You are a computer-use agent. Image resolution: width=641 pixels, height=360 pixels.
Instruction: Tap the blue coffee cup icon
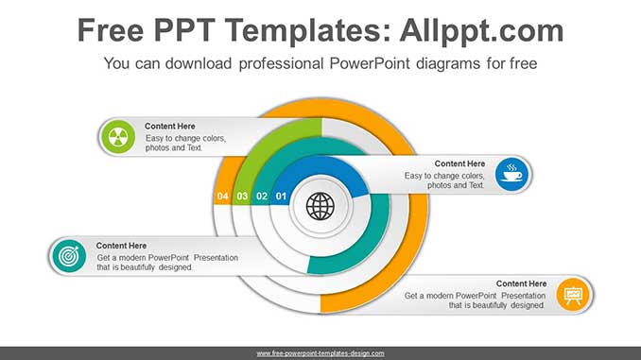click(x=511, y=174)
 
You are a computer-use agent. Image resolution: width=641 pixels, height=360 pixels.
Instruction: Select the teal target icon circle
click(x=68, y=257)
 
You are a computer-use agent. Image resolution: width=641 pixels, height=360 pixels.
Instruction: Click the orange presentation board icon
click(x=573, y=295)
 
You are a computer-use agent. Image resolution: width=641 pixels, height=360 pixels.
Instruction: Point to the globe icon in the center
click(x=320, y=204)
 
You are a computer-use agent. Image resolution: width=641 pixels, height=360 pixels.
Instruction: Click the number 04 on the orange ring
click(x=223, y=197)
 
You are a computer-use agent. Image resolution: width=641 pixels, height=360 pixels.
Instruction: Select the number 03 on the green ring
click(x=242, y=197)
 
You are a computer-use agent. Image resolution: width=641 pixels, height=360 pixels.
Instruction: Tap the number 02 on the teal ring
click(x=262, y=197)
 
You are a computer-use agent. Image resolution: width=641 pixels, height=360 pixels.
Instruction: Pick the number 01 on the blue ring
click(x=281, y=197)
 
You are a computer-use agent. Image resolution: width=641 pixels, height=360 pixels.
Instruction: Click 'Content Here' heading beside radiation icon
click(x=170, y=127)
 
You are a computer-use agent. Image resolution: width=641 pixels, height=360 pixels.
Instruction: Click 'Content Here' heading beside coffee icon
click(x=459, y=163)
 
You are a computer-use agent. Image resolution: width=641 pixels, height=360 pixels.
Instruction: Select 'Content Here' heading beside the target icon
click(x=122, y=246)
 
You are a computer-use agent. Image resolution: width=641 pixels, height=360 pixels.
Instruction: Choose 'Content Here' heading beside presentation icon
click(x=521, y=283)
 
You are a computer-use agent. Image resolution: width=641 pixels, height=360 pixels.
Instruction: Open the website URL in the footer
click(x=320, y=353)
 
